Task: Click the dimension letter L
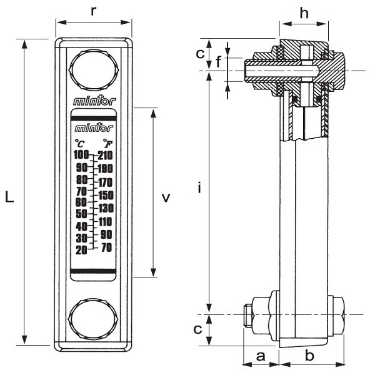pyautogui.click(x=9, y=198)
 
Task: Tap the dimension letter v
pyautogui.click(x=166, y=198)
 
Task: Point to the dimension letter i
pyautogui.click(x=199, y=188)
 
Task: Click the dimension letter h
pyautogui.click(x=304, y=12)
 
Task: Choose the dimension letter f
pyautogui.click(x=218, y=62)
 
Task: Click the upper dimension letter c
pyautogui.click(x=199, y=53)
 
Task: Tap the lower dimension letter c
pyautogui.click(x=198, y=329)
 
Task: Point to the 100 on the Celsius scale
pyautogui.click(x=81, y=155)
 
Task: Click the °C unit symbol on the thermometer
pyautogui.click(x=80, y=144)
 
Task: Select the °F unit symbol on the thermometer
pyautogui.click(x=107, y=144)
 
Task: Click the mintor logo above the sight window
pyautogui.click(x=94, y=101)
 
